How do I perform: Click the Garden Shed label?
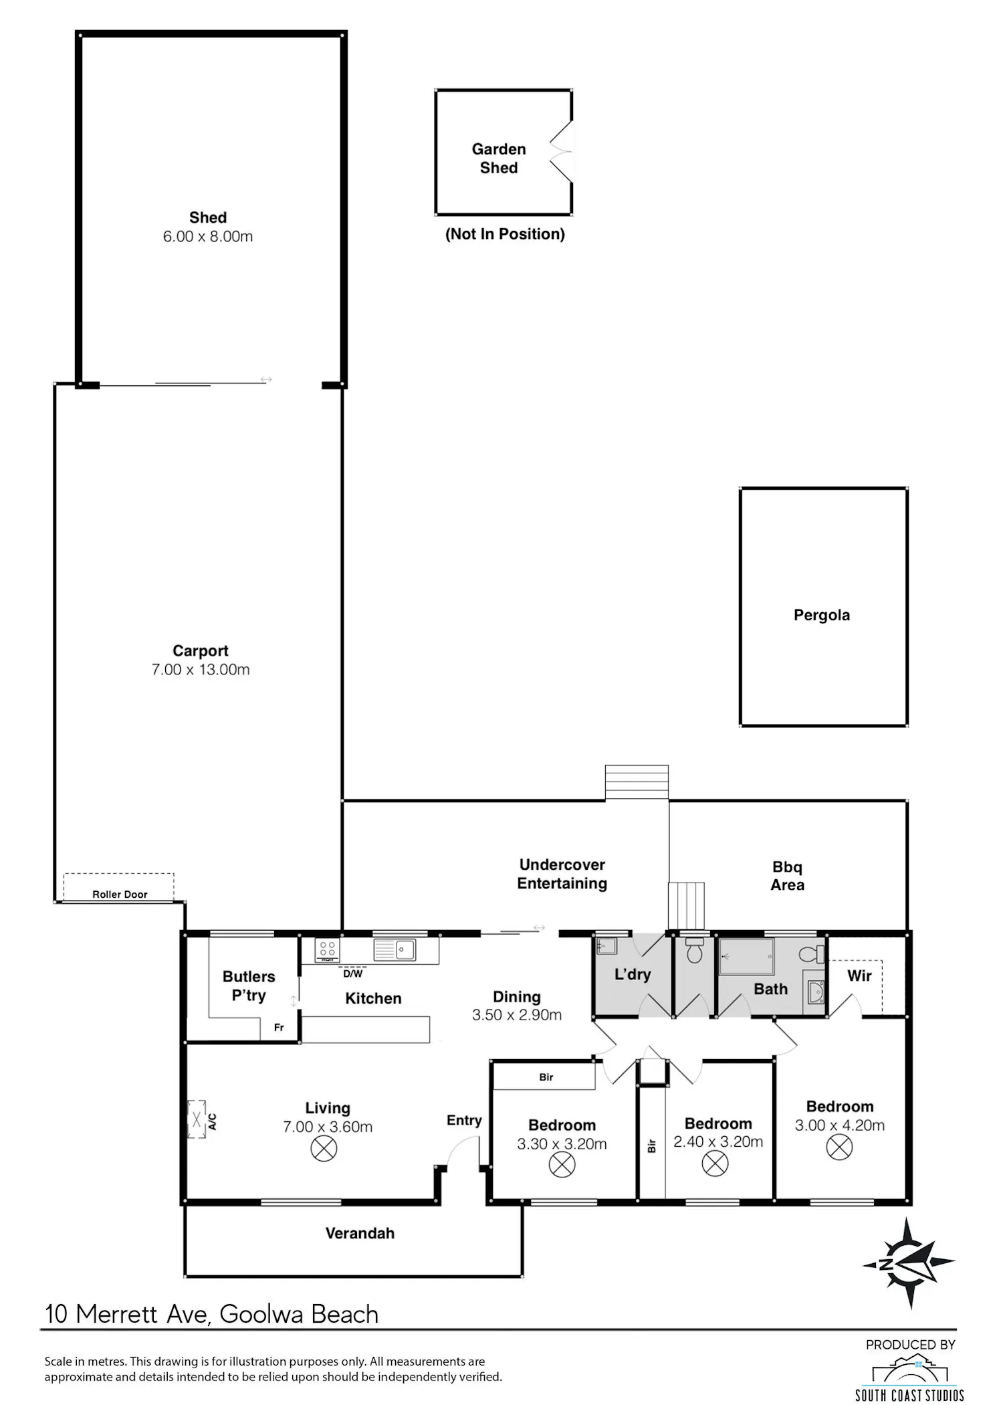499,159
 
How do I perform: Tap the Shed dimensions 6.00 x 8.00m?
208,236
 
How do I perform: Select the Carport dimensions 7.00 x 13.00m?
201,670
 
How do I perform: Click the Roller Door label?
120,894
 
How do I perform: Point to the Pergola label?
822,615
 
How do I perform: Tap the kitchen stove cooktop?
327,949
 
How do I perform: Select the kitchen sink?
395,949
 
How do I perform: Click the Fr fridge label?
279,1028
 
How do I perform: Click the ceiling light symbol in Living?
324,1149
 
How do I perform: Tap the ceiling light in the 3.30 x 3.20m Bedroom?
562,1165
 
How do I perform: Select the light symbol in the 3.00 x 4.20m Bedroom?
839,1147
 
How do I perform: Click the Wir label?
859,975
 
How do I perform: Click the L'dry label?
633,974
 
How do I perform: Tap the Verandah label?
360,1233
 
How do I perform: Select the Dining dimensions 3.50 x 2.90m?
517,1015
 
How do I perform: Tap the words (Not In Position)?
505,233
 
